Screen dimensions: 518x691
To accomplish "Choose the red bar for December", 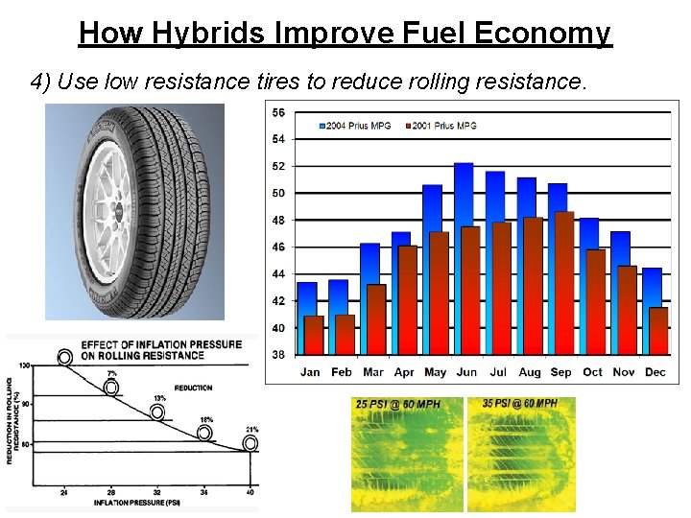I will pyautogui.click(x=658, y=331).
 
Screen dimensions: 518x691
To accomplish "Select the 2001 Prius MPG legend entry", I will pyautogui.click(x=441, y=126).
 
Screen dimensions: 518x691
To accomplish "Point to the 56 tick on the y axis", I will pyautogui.click(x=278, y=112).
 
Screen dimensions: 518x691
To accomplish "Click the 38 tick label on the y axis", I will pyautogui.click(x=278, y=354).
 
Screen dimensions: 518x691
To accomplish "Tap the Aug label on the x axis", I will pyautogui.click(x=529, y=372).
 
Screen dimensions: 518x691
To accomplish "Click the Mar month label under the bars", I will pyautogui.click(x=373, y=372).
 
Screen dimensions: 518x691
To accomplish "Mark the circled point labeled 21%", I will pyautogui.click(x=250, y=444).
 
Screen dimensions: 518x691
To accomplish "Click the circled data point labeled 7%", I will pyautogui.click(x=111, y=388).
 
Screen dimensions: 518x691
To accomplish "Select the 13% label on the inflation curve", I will pyautogui.click(x=159, y=398).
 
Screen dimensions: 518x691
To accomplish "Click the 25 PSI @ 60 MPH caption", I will pyautogui.click(x=397, y=405).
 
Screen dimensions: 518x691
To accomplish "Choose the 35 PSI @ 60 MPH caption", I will pyautogui.click(x=520, y=404).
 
